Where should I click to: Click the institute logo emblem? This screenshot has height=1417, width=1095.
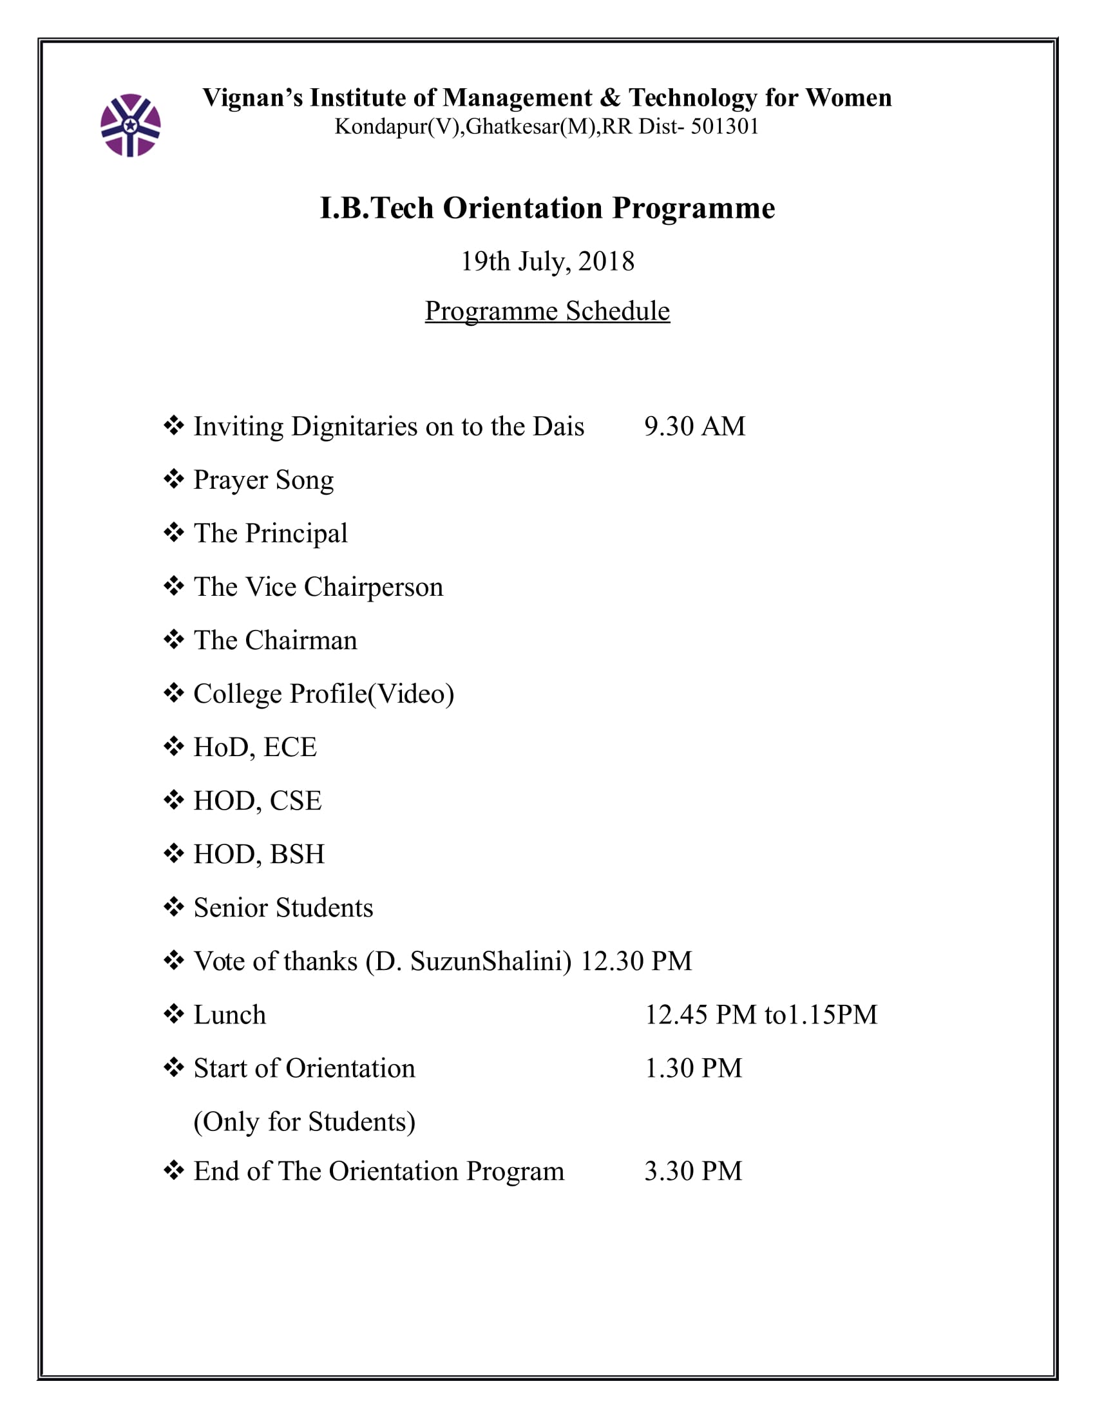(130, 125)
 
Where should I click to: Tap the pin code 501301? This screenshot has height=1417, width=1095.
(725, 126)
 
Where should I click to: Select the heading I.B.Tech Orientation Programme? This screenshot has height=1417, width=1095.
(547, 208)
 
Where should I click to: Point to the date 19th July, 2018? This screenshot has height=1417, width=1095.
(547, 262)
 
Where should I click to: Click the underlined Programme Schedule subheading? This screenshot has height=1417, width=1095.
(547, 311)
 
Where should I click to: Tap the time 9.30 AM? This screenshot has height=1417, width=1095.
(694, 426)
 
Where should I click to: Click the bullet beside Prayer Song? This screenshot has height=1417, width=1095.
(173, 479)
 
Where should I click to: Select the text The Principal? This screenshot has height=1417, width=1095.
(271, 533)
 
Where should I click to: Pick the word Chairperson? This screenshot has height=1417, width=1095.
(373, 587)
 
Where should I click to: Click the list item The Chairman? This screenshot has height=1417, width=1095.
(275, 640)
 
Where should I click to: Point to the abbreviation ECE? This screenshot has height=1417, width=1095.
(290, 747)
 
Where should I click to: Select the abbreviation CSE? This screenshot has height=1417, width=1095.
(295, 801)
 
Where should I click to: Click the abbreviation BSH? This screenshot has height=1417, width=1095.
(297, 855)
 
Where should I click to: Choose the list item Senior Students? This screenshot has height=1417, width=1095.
(283, 908)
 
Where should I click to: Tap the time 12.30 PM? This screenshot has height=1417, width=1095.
(636, 962)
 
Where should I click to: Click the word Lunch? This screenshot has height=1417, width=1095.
(230, 1014)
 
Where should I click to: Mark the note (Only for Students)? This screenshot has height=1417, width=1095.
(304, 1122)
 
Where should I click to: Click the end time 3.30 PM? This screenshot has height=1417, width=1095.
(693, 1171)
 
